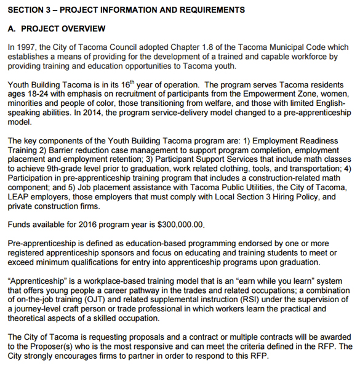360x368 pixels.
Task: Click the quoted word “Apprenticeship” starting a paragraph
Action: [36, 281]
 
